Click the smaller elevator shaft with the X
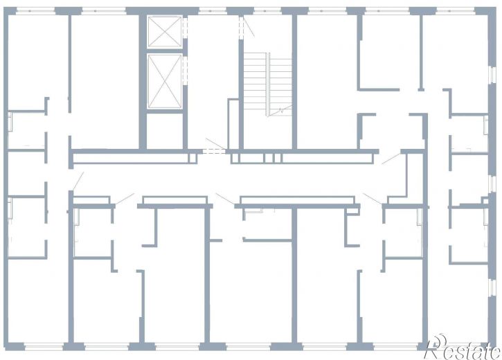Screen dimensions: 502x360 [165, 32]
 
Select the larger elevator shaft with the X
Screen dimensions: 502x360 [165, 81]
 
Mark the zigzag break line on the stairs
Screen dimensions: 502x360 [280, 111]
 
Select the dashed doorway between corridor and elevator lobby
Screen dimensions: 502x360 [214, 152]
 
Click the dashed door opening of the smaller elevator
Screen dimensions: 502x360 [185, 28]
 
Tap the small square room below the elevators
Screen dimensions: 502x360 [165, 131]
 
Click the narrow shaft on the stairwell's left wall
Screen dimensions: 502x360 [233, 124]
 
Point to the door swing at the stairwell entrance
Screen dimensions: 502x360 [249, 26]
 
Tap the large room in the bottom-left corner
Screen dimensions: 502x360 [38, 300]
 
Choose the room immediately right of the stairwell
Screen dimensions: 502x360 [327, 82]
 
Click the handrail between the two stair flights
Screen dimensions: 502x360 [268, 84]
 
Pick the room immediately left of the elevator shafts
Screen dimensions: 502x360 [105, 82]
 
